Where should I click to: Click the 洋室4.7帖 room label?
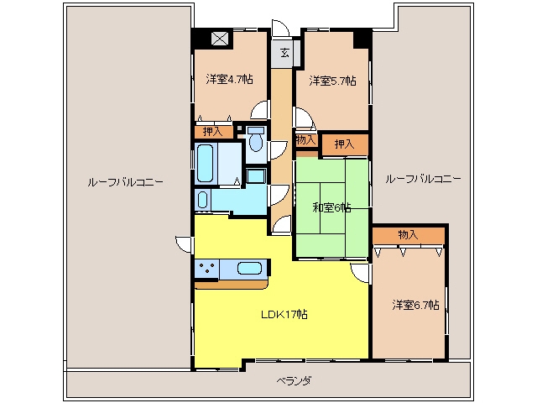click(x=229, y=80)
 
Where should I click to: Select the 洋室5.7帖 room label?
click(x=332, y=81)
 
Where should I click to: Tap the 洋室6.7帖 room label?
click(x=416, y=305)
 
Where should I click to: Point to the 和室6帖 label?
click(x=331, y=207)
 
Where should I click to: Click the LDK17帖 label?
click(x=284, y=314)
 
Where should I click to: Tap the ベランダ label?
click(x=295, y=380)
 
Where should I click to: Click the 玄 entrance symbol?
click(x=284, y=53)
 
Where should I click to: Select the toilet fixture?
click(x=256, y=139)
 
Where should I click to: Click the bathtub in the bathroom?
click(x=206, y=163)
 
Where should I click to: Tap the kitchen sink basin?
click(x=249, y=268)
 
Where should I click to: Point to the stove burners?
click(x=207, y=268)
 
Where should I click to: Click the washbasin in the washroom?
click(x=202, y=200)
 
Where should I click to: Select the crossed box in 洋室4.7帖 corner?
click(x=220, y=39)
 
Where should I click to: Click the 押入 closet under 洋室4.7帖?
click(x=214, y=132)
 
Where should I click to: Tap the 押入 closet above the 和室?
click(x=345, y=144)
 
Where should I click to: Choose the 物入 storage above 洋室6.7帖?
click(x=409, y=235)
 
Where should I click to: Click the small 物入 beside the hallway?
click(x=305, y=140)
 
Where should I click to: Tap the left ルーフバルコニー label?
click(x=125, y=182)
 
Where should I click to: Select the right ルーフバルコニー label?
click(x=423, y=179)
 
